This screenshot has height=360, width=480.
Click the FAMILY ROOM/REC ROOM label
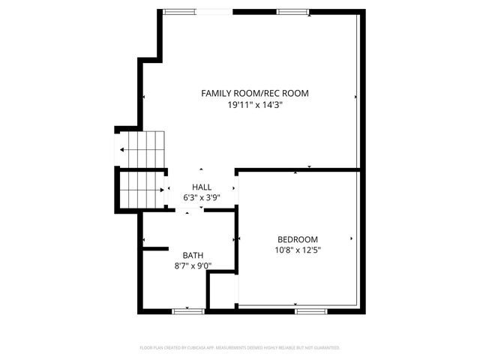(x=254, y=94)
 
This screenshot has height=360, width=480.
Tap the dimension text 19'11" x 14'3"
(x=254, y=106)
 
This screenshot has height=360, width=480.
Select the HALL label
(x=201, y=187)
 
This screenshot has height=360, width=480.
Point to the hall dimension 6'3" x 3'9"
(x=201, y=198)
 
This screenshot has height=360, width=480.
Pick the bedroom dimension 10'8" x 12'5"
(x=298, y=250)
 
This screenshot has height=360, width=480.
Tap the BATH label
(x=193, y=255)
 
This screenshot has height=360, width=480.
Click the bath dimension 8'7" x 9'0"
(x=193, y=265)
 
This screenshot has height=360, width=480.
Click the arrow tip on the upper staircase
(x=120, y=150)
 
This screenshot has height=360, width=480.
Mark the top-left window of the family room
(x=178, y=11)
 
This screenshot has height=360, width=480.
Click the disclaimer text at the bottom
(x=240, y=348)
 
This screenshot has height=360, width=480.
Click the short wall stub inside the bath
(x=155, y=247)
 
